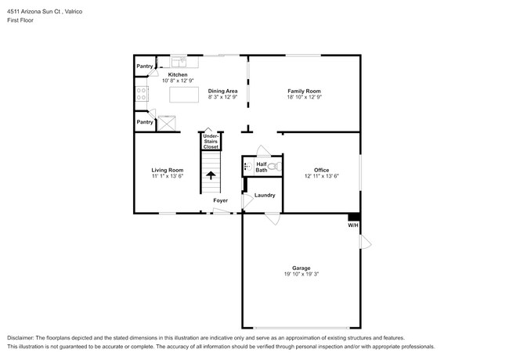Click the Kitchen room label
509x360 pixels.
pyautogui.click(x=178, y=74)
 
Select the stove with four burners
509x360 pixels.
pyautogui.click(x=142, y=95)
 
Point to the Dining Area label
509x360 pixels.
pyautogui.click(x=222, y=92)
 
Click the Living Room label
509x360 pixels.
pyautogui.click(x=167, y=170)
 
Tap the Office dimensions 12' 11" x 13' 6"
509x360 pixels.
pyautogui.click(x=321, y=176)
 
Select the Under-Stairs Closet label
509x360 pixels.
pyautogui.click(x=210, y=142)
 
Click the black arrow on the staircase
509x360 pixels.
pyautogui.click(x=210, y=176)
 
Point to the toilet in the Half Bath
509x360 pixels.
pyautogui.click(x=273, y=167)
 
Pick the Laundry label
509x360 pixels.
pyautogui.click(x=265, y=195)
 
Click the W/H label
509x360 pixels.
pyautogui.click(x=353, y=226)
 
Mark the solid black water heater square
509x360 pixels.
pyautogui.click(x=354, y=217)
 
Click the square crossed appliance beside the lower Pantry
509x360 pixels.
pyautogui.click(x=168, y=122)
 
